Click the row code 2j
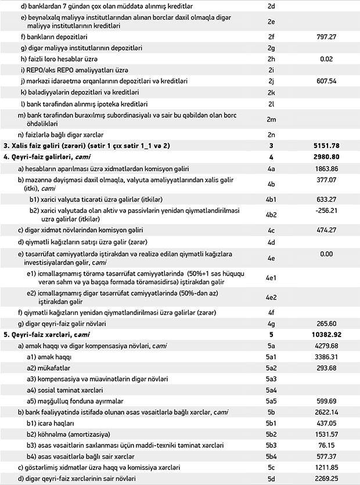[271, 81]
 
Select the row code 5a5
[271, 400]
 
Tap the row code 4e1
[271, 277]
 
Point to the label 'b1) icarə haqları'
[57, 423]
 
